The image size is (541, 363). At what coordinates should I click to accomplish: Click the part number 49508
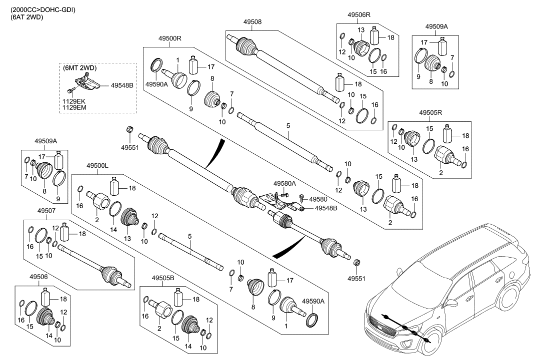click(252, 22)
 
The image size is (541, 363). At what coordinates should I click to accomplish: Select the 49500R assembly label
click(170, 39)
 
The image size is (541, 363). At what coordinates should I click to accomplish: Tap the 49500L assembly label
click(97, 165)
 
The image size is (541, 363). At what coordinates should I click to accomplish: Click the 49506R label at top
click(358, 15)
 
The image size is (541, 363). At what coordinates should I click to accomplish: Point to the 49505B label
click(163, 278)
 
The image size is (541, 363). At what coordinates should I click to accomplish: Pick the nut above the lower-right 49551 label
click(357, 263)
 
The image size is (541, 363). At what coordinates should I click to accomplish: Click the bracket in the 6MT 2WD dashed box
click(87, 82)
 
